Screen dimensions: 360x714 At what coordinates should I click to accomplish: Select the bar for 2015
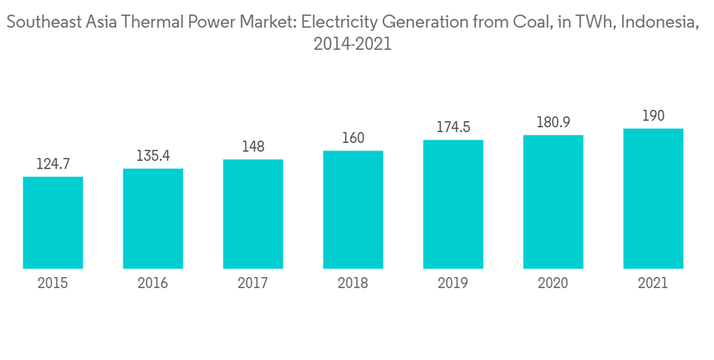53,223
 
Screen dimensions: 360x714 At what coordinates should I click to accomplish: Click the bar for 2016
153,219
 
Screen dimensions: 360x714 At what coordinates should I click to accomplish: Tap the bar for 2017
253,214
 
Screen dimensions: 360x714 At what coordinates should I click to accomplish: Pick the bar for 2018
353,210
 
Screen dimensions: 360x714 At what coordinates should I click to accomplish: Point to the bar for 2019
453,205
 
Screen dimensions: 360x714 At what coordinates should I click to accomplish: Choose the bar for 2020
553,202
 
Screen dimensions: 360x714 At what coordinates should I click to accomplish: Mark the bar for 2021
653,199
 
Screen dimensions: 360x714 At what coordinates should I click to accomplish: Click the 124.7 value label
53,164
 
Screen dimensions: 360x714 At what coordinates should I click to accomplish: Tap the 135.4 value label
153,156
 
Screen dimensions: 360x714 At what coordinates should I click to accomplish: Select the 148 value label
253,147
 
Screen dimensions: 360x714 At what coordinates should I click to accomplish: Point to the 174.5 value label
453,128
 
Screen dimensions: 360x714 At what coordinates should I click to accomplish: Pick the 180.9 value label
553,123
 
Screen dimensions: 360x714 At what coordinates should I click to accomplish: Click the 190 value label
653,116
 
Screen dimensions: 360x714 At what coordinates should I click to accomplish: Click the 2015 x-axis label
53,284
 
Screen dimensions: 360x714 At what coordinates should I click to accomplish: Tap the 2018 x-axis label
353,284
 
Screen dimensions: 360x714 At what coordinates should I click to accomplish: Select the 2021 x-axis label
653,284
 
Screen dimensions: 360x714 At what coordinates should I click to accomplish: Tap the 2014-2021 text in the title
353,44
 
